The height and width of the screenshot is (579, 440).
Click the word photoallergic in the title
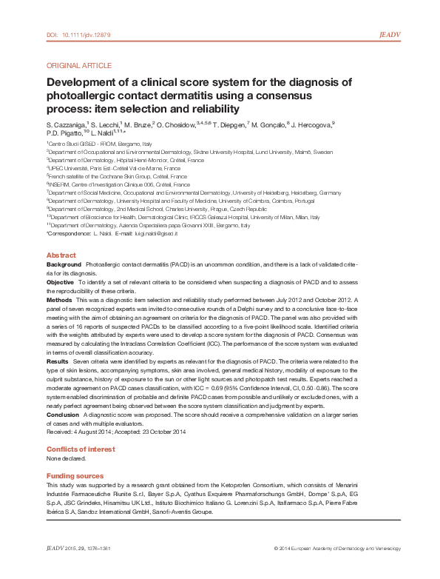[79, 96]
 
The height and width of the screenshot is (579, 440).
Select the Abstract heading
[61, 255]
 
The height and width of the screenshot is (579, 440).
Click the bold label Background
[64, 264]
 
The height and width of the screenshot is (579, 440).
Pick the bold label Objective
[60, 282]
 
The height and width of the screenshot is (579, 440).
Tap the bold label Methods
[59, 300]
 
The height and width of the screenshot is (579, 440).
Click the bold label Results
[58, 361]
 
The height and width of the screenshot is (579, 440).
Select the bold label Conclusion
[63, 415]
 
